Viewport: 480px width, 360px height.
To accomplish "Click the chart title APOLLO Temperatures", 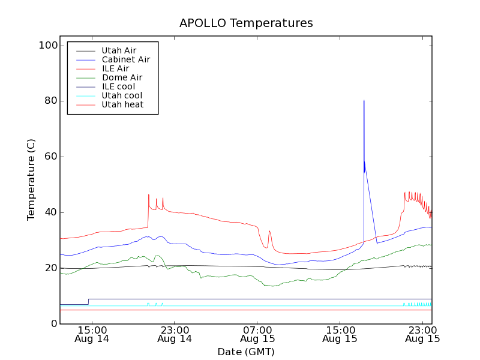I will pos(246,23).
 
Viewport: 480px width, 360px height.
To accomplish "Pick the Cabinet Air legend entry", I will pos(125,59).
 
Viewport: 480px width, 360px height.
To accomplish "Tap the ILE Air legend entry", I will pos(115,68).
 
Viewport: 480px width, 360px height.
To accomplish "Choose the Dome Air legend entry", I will pos(122,77).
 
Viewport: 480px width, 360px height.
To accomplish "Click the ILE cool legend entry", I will pos(118,86).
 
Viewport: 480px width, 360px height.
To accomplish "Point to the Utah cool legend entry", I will pos(122,95).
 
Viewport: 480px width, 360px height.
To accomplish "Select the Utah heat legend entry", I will pos(122,104).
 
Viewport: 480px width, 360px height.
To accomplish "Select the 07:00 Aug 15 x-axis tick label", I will pos(257,334).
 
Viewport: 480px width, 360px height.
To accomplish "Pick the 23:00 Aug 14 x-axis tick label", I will pos(175,334).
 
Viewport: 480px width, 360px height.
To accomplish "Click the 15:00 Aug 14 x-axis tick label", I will pos(92,334).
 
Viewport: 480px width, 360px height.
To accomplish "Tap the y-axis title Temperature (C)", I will pos(31,180).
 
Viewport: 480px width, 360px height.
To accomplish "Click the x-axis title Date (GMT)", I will pos(246,352).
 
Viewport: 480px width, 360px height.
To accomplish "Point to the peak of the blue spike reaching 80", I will pos(364,101).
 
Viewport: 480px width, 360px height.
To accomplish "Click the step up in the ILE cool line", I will pos(89,301).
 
